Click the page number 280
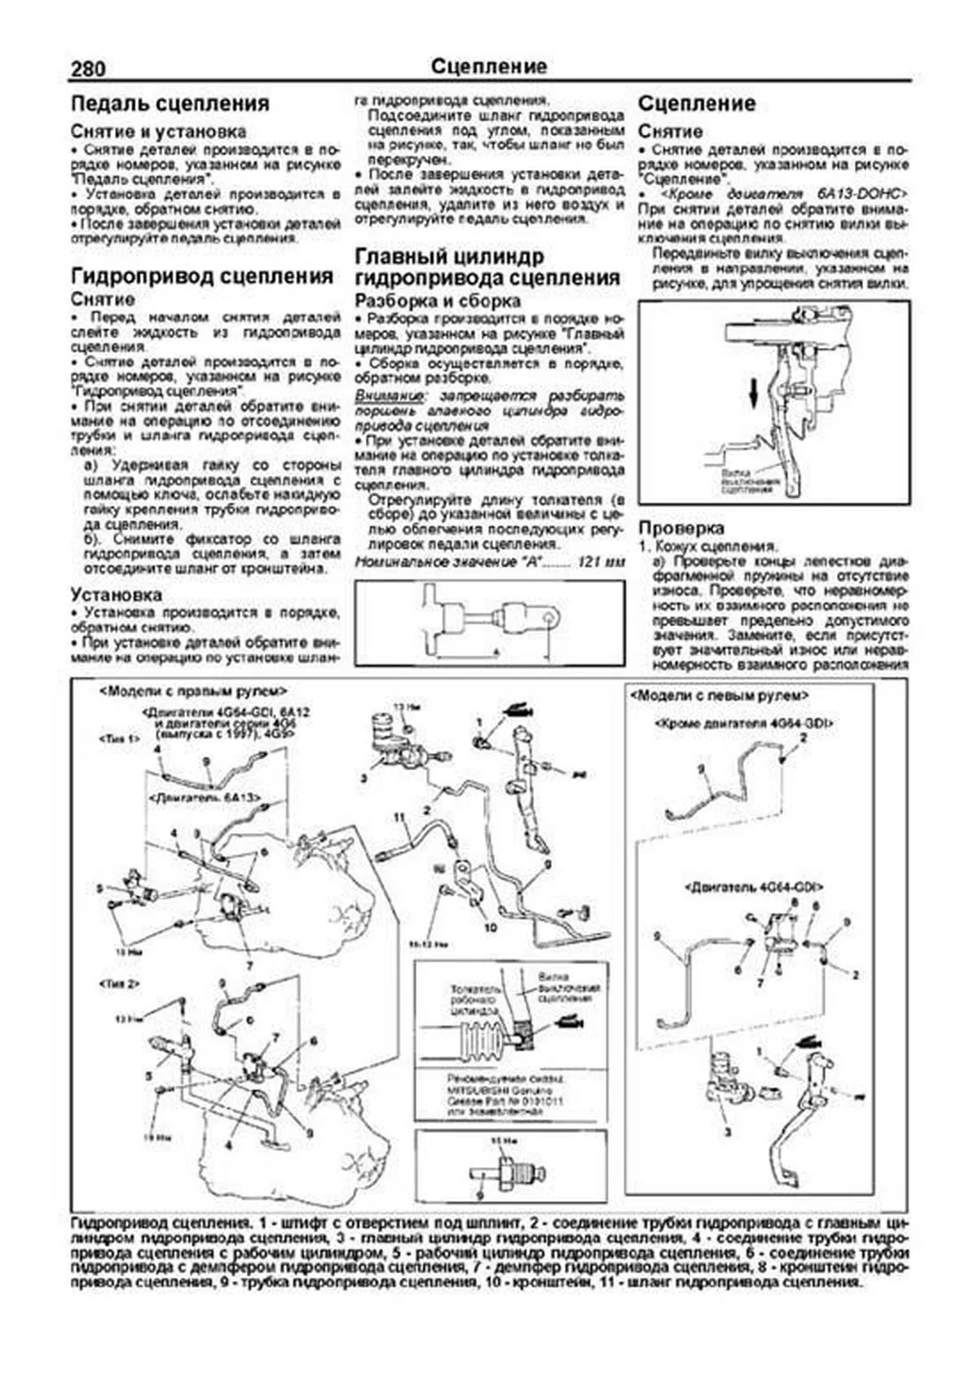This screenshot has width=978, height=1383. (87, 68)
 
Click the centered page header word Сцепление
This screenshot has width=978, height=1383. (489, 66)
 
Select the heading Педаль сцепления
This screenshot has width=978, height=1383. (170, 104)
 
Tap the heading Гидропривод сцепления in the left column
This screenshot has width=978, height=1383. (202, 275)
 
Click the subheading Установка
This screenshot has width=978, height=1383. (117, 594)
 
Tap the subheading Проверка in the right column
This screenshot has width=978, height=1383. (681, 527)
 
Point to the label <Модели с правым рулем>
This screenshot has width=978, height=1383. (192, 690)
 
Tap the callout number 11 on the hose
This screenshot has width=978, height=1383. (399, 816)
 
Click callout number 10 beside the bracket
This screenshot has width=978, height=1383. (489, 927)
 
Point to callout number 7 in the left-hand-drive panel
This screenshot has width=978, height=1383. (759, 984)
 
